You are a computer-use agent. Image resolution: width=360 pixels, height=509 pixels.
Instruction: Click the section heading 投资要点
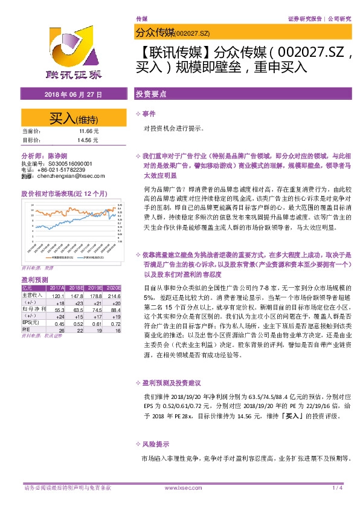click(x=148, y=95)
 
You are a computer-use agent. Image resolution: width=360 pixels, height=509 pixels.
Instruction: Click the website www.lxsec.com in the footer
click(x=179, y=487)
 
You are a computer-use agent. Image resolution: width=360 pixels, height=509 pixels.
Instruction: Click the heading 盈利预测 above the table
click(x=34, y=280)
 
